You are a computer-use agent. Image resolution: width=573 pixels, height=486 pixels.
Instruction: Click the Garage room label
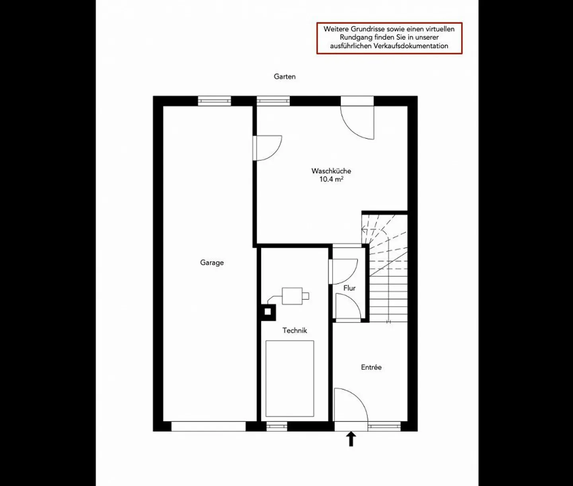click(212, 263)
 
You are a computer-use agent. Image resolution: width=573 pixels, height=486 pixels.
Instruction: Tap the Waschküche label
click(331, 171)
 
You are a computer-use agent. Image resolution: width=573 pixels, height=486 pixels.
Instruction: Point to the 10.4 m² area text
click(331, 179)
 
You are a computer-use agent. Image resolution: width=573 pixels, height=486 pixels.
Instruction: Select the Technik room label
click(294, 330)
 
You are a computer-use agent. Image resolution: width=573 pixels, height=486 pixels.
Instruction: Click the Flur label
click(349, 288)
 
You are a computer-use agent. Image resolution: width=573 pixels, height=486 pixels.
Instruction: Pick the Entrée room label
click(371, 368)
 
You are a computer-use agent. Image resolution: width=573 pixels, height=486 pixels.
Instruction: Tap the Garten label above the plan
click(285, 77)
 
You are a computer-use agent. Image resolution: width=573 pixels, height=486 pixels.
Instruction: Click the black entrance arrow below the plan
click(351, 439)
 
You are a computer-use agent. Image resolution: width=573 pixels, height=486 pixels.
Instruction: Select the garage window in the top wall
click(214, 101)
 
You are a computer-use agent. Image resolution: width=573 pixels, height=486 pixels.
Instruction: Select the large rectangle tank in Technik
click(290, 378)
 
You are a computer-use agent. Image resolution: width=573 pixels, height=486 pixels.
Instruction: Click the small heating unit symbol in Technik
click(293, 296)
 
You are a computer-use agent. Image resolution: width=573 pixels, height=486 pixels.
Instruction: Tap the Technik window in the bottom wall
click(277, 426)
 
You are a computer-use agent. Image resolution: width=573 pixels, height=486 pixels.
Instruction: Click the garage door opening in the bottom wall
click(209, 426)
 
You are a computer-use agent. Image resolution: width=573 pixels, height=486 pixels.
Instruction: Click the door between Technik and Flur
click(343, 271)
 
